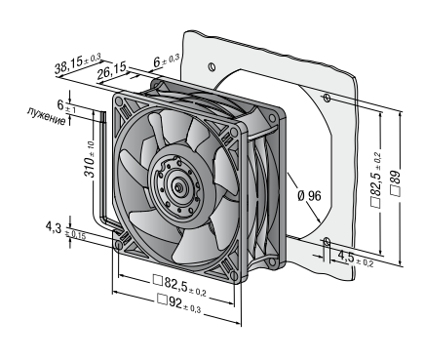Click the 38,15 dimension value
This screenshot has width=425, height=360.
pos(78,65)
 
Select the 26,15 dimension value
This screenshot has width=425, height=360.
pos(111,71)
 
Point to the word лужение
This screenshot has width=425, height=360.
pos(47,116)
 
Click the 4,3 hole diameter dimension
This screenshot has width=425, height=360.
pos(65,230)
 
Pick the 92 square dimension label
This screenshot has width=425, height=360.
pos(178,303)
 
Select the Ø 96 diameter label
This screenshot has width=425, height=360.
pos(309,196)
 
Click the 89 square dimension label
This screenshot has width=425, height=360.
pos(396,183)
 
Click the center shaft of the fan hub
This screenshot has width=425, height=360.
pos(178,187)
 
